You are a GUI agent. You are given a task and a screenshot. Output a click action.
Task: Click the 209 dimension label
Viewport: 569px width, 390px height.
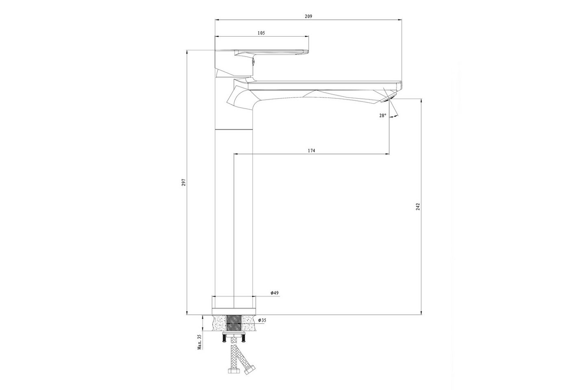pos(308,17)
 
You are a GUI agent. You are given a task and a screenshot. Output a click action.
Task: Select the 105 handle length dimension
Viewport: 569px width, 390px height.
pos(261,33)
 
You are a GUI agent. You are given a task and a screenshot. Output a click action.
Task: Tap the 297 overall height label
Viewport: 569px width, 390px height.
pos(184,182)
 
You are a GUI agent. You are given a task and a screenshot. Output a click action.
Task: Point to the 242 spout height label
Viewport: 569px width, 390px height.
pos(418,207)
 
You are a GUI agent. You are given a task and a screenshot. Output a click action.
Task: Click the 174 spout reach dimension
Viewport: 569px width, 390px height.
pos(311,151)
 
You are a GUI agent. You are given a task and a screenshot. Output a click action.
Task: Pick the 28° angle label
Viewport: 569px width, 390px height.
pos(382,115)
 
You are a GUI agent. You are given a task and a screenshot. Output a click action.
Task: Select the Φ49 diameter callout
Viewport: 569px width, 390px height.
pos(275,293)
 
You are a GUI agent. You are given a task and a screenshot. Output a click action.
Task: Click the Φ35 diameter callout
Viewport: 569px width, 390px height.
pos(262,321)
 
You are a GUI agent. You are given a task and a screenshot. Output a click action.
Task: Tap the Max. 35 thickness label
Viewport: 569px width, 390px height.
pos(200,342)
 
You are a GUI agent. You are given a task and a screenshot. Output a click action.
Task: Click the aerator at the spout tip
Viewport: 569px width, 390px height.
pos(389,98)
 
